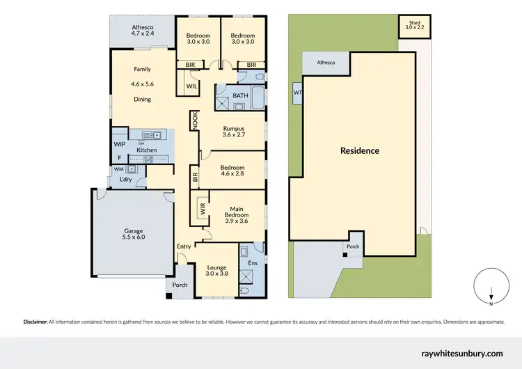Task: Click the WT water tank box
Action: click(x=298, y=92)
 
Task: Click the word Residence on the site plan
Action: click(x=360, y=150)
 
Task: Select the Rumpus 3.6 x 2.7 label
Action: click(x=233, y=132)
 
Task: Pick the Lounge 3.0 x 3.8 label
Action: click(x=217, y=269)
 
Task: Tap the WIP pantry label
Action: click(x=119, y=144)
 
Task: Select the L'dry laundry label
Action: click(x=125, y=180)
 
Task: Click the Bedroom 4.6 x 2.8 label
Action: click(x=232, y=171)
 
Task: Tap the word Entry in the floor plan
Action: click(x=184, y=246)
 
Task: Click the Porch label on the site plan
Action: click(x=353, y=246)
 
